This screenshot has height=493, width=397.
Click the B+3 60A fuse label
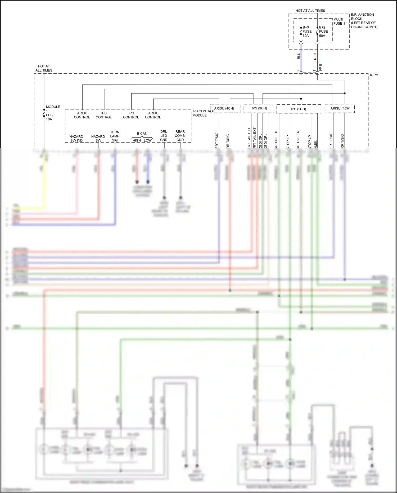point(307,32)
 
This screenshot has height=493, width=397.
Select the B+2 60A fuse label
point(323,32)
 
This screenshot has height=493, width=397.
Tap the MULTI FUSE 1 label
point(339,21)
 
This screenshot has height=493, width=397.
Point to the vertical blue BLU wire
point(301,58)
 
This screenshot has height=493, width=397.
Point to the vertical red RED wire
point(317,58)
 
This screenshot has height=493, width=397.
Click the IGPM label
point(374,75)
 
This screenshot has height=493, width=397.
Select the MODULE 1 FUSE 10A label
point(52,113)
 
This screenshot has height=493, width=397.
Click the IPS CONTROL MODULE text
point(203,113)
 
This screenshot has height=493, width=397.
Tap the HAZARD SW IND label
point(76,139)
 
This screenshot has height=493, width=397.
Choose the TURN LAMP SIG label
point(115,136)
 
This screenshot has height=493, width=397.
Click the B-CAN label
point(142,134)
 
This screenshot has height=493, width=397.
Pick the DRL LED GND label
point(164,136)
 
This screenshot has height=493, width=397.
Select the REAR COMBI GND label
point(180,136)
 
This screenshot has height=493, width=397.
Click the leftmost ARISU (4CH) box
point(225,108)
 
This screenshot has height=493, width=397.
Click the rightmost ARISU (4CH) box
point(340,108)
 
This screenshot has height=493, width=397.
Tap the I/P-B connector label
point(321,67)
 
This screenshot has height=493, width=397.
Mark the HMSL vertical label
point(315,144)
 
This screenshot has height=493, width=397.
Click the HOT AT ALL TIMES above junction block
point(310,11)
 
